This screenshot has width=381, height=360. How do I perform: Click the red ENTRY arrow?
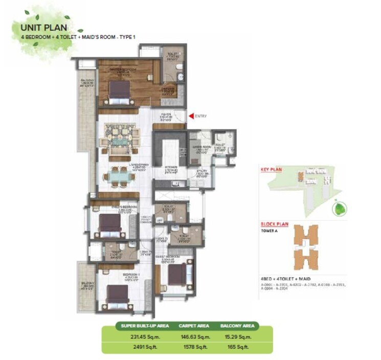coord(191,116)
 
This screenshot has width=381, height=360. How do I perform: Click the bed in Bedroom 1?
coord(117,295)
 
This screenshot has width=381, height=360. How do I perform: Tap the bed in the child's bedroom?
coord(109,223)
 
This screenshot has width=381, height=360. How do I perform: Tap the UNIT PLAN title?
coord(43,28)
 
